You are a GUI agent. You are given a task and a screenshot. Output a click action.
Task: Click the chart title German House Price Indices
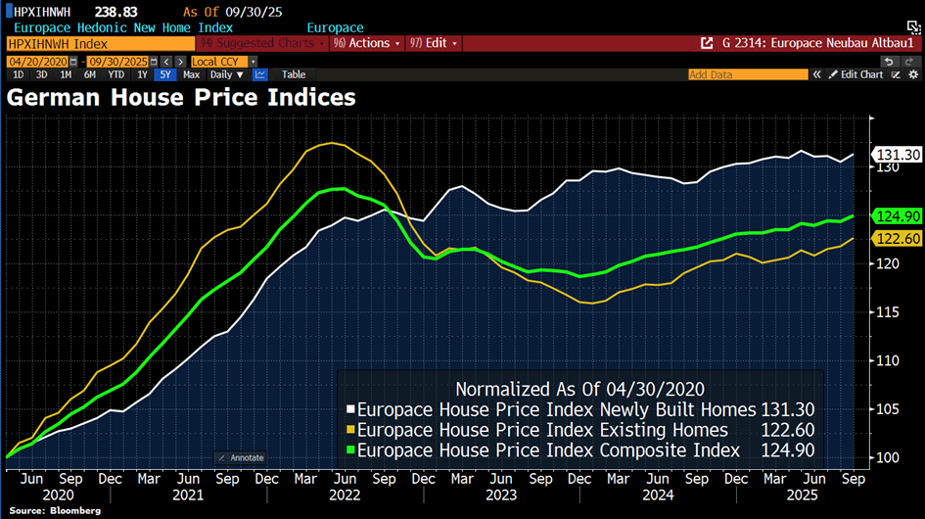(x=182, y=98)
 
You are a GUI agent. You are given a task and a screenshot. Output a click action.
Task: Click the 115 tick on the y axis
(x=886, y=312)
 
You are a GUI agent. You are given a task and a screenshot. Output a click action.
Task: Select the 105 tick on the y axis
(x=886, y=409)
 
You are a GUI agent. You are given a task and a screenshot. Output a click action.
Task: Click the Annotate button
(x=241, y=457)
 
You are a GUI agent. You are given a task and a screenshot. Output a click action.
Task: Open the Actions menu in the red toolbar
(x=368, y=43)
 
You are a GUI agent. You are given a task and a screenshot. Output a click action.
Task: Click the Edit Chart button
(x=856, y=74)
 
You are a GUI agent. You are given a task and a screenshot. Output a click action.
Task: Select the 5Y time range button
(x=165, y=74)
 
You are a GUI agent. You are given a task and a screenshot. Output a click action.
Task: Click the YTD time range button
(x=116, y=74)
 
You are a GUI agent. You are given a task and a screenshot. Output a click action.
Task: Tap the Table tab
(x=294, y=74)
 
